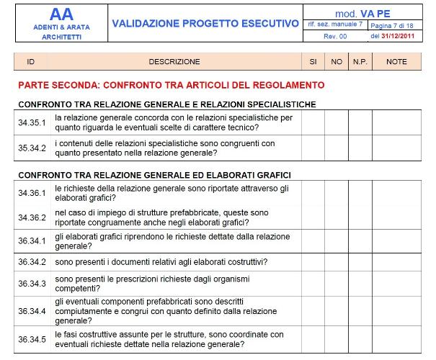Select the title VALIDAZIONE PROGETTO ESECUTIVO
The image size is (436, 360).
click(x=205, y=24)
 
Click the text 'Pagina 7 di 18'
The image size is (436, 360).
click(x=392, y=24)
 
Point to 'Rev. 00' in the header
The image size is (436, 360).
click(x=335, y=35)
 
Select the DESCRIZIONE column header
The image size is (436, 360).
click(x=174, y=62)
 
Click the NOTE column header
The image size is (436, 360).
click(x=396, y=62)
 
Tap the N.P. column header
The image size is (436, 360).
click(x=360, y=62)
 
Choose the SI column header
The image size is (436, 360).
click(x=313, y=62)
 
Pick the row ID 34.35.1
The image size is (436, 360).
click(x=32, y=122)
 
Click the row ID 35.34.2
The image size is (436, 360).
click(x=32, y=148)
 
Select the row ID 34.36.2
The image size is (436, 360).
click(x=32, y=217)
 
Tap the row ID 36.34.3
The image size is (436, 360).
click(x=32, y=284)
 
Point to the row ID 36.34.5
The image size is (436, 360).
click(x=32, y=339)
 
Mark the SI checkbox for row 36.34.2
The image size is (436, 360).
click(x=313, y=262)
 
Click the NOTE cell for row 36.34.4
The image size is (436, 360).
click(x=396, y=310)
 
